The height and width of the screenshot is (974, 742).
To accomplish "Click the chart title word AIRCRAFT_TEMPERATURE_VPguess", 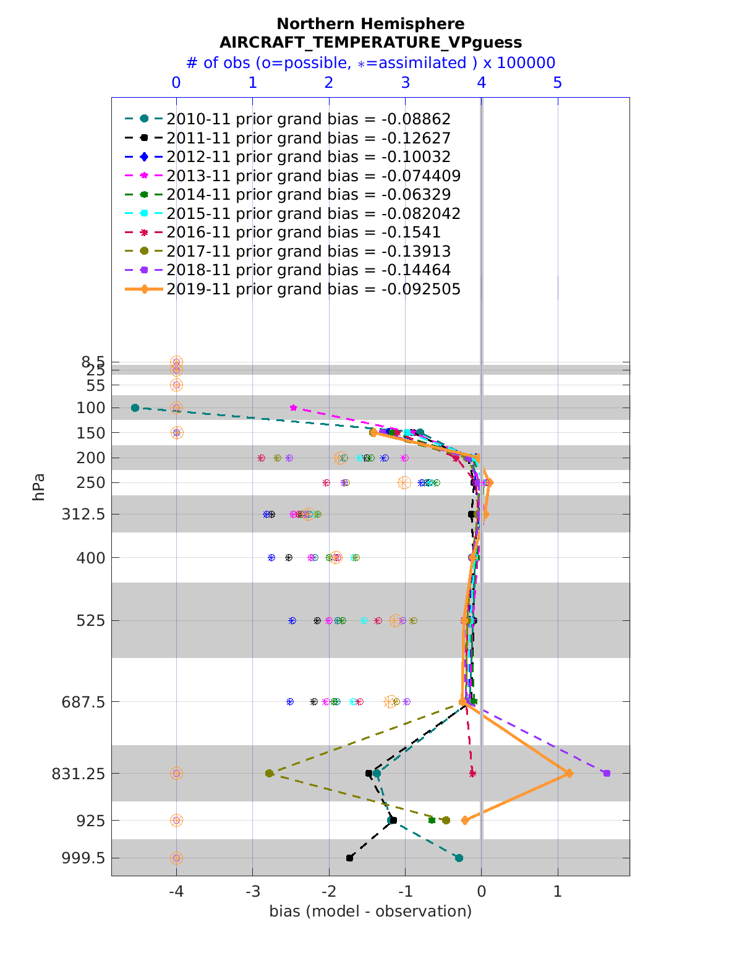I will pyautogui.click(x=370, y=42).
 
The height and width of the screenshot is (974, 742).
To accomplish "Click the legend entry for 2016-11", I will pyautogui.click(x=303, y=233).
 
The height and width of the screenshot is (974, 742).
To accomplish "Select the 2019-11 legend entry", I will pyautogui.click(x=313, y=289).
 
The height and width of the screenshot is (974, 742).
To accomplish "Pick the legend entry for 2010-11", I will pyautogui.click(x=308, y=119).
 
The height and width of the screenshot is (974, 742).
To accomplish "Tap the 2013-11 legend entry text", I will pyautogui.click(x=313, y=176).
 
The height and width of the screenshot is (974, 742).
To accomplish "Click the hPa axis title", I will pyautogui.click(x=39, y=487).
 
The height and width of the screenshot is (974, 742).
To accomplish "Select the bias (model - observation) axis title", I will pyautogui.click(x=370, y=911).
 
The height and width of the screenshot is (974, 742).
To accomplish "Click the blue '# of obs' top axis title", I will pyautogui.click(x=370, y=63).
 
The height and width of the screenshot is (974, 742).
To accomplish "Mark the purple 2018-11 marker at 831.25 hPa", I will pyautogui.click(x=607, y=773).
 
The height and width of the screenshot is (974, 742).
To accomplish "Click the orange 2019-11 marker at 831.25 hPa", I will pyautogui.click(x=569, y=773).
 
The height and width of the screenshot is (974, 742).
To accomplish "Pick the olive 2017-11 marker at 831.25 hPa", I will pyautogui.click(x=269, y=773).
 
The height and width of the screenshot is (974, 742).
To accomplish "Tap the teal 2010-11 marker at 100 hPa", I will pyautogui.click(x=135, y=408).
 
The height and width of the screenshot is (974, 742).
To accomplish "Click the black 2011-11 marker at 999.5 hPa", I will pyautogui.click(x=350, y=858).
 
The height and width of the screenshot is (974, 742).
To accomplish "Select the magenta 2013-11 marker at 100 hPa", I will pyautogui.click(x=294, y=408).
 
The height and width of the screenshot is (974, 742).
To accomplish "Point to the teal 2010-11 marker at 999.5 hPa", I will pyautogui.click(x=459, y=858).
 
